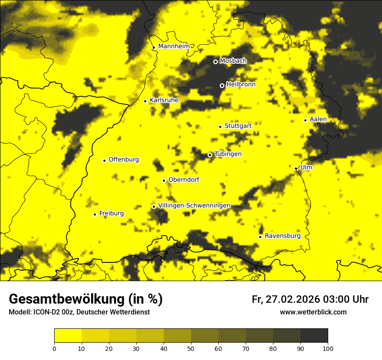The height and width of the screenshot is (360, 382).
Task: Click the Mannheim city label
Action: [174, 46]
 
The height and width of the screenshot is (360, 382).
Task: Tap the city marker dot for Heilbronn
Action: [222, 85]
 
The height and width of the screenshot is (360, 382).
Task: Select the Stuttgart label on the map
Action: [238, 126]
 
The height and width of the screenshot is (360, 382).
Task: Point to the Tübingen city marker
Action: [210, 155]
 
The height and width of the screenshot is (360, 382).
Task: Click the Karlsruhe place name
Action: [164, 100]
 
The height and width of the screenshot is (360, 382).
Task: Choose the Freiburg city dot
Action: [95, 214]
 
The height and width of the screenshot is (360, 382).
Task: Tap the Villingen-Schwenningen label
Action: [194, 206]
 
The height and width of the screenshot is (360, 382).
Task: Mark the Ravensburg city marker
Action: [260, 237]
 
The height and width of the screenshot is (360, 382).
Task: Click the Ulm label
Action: [306, 167]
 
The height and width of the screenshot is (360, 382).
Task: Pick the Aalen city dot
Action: [305, 120]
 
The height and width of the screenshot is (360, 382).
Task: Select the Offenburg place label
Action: [124, 160]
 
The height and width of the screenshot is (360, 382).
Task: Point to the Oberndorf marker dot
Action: [164, 180]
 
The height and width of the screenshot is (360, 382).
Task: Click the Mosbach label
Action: [233, 61]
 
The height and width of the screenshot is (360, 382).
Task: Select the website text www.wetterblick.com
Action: [313, 312]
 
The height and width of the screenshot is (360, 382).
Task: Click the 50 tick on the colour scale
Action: [191, 348]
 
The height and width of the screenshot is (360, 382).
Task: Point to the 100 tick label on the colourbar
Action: [328, 348]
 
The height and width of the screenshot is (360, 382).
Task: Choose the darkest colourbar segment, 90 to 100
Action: [314, 336]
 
